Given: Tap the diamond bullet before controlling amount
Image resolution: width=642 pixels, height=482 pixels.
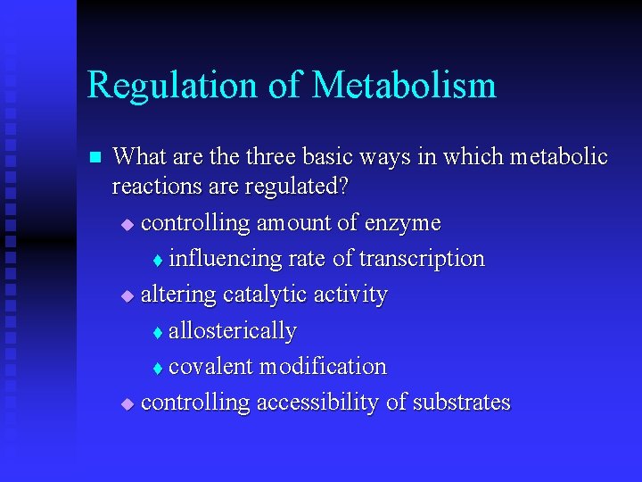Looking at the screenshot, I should [127, 223].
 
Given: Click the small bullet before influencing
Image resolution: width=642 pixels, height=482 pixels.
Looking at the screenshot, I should [157, 260].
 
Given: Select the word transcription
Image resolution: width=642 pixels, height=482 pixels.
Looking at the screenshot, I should [422, 259].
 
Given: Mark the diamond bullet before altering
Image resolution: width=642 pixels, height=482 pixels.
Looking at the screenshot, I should [127, 295].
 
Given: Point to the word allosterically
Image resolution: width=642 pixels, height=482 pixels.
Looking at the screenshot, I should [232, 330].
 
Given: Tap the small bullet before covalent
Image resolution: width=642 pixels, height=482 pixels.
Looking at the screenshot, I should [157, 368].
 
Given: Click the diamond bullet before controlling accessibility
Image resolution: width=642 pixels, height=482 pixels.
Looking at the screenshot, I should [127, 403].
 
